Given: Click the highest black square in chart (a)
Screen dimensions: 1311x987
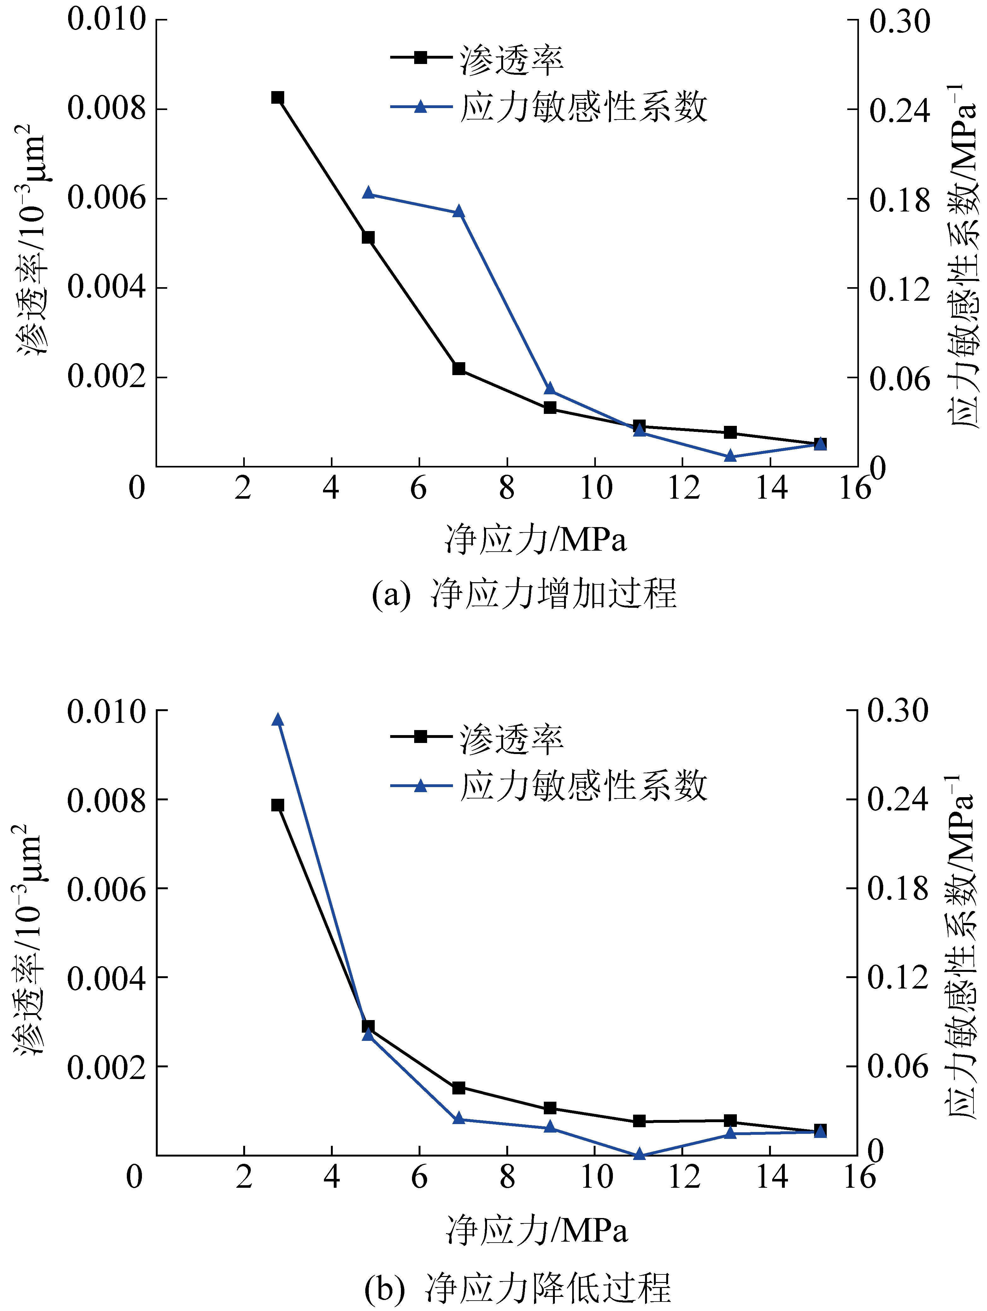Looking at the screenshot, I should tap(278, 97).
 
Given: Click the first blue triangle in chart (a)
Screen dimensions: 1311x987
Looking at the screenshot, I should tap(368, 193).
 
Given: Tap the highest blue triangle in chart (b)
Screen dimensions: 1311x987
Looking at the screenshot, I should tap(278, 720).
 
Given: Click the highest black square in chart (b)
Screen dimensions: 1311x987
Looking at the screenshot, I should tap(278, 805).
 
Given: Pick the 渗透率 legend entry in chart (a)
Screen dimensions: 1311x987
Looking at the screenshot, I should tap(478, 59).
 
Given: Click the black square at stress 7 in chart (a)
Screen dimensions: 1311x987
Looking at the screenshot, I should tap(459, 368).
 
